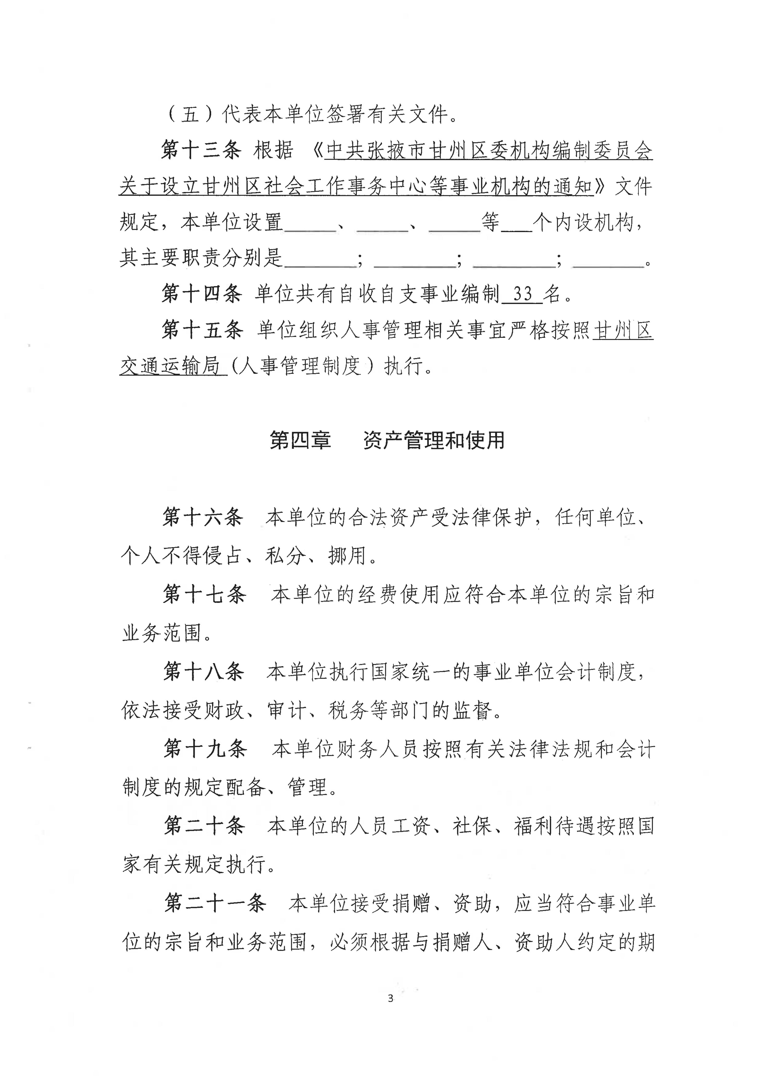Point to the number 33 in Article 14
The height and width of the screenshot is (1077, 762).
[x=522, y=294]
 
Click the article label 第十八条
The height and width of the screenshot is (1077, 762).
[x=204, y=672]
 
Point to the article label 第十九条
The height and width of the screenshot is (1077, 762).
[x=205, y=749]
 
